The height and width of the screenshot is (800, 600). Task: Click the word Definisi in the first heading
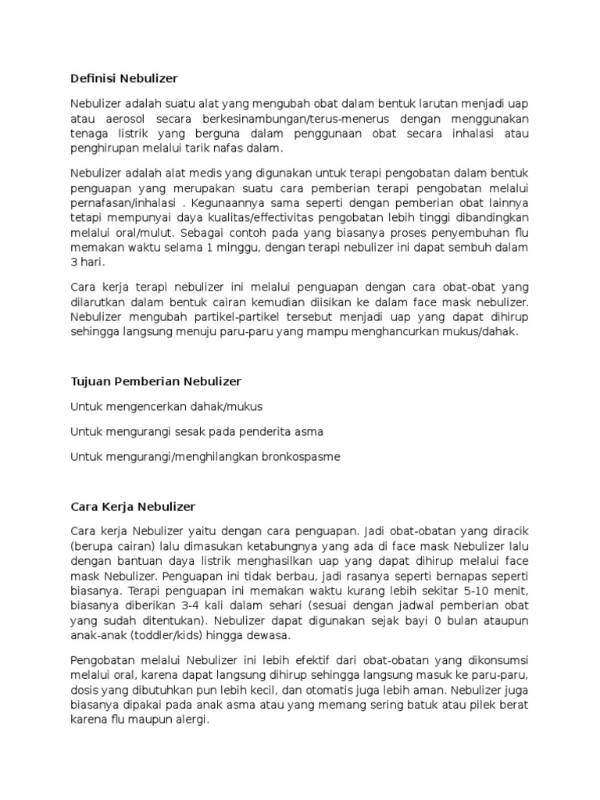[92, 78]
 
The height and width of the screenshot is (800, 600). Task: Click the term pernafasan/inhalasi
[120, 203]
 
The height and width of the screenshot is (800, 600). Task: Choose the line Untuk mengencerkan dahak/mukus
[166, 406]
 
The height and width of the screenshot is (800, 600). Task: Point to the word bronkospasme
[302, 456]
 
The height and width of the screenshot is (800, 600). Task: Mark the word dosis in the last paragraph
[84, 689]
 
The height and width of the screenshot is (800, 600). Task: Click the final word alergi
[192, 719]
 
